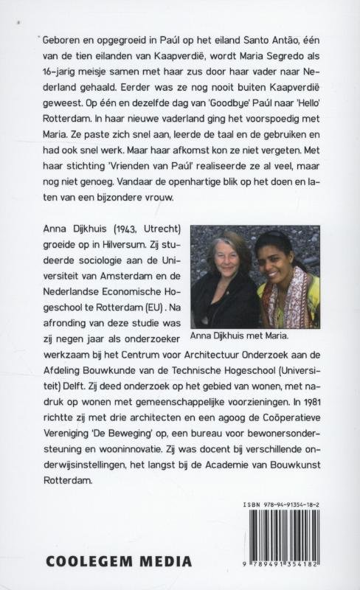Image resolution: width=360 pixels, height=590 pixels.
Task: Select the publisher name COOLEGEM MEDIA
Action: coord(119,561)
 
